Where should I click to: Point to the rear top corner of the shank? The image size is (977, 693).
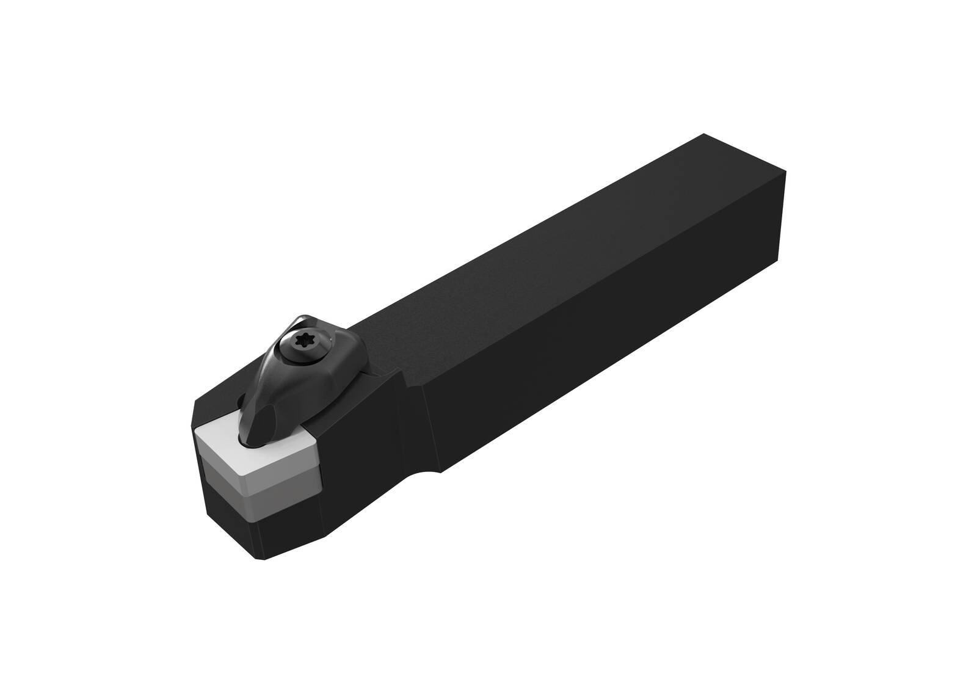[x=705, y=134]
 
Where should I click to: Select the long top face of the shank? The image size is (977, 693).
[x=550, y=256]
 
